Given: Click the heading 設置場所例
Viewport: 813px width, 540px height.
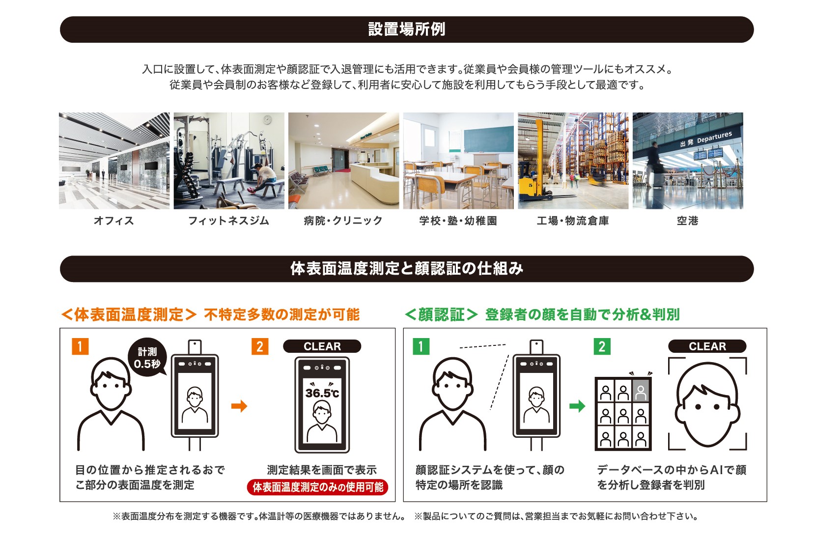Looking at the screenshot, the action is [x=407, y=29].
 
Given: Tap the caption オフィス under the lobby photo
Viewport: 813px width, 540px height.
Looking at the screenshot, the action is [x=114, y=221].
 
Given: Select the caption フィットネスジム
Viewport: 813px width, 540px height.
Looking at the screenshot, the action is [x=228, y=221].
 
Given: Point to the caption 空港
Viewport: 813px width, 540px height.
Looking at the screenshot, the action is [x=687, y=221].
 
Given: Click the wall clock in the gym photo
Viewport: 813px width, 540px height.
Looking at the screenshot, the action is [x=268, y=120].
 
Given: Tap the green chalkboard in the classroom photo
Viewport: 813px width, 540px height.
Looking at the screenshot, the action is [x=488, y=140].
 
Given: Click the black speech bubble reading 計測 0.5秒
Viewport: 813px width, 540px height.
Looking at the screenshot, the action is [x=147, y=357].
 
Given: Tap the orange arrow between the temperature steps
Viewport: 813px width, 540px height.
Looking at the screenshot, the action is [x=239, y=406].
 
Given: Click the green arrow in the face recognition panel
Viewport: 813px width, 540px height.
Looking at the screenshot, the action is [x=577, y=406].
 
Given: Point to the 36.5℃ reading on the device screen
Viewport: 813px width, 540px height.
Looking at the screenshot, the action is [x=322, y=393].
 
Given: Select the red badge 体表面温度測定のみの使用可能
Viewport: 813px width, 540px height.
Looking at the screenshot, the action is [x=317, y=487].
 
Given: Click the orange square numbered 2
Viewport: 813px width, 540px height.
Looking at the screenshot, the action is [x=260, y=346].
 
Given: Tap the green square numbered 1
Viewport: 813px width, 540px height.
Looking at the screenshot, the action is [x=421, y=346].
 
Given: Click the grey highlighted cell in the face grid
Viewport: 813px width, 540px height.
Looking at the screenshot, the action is [x=641, y=391].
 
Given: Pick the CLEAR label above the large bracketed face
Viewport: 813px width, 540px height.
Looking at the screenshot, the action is [x=707, y=346].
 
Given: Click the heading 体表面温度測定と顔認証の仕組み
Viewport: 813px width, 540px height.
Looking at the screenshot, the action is [x=407, y=269].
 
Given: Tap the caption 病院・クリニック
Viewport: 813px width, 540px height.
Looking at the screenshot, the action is [x=343, y=221].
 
